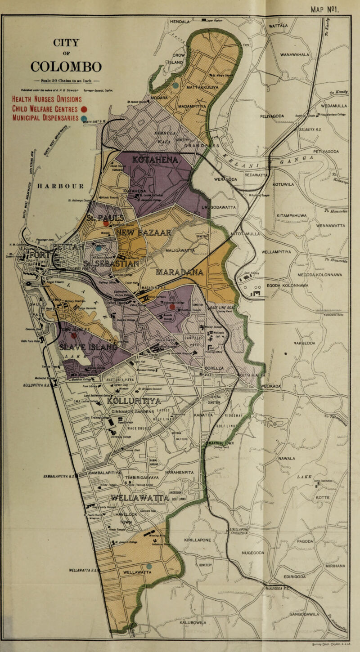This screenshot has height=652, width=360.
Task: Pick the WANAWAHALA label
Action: click(298, 55)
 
